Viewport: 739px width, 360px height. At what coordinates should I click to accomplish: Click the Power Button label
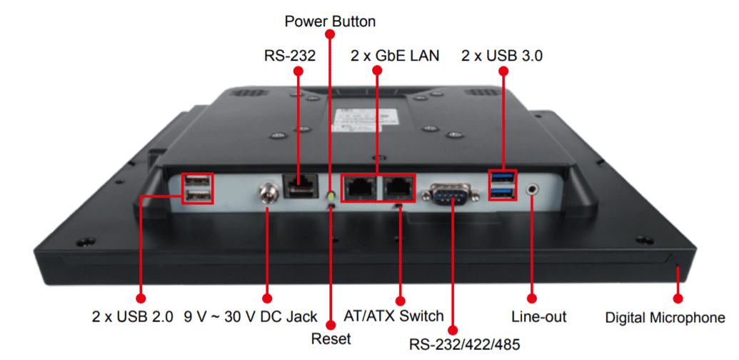click(330, 21)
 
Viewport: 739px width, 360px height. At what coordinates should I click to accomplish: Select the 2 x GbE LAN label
click(395, 55)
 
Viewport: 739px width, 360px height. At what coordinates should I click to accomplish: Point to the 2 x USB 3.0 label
click(502, 55)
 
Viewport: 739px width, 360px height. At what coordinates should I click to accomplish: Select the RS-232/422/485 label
click(465, 344)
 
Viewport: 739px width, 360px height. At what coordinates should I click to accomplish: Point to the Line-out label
click(539, 316)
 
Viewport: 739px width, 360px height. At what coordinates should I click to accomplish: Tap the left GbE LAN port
click(358, 189)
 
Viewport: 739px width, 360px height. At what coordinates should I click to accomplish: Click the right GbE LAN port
click(397, 189)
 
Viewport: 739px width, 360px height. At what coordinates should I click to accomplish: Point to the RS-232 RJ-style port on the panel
click(298, 186)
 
